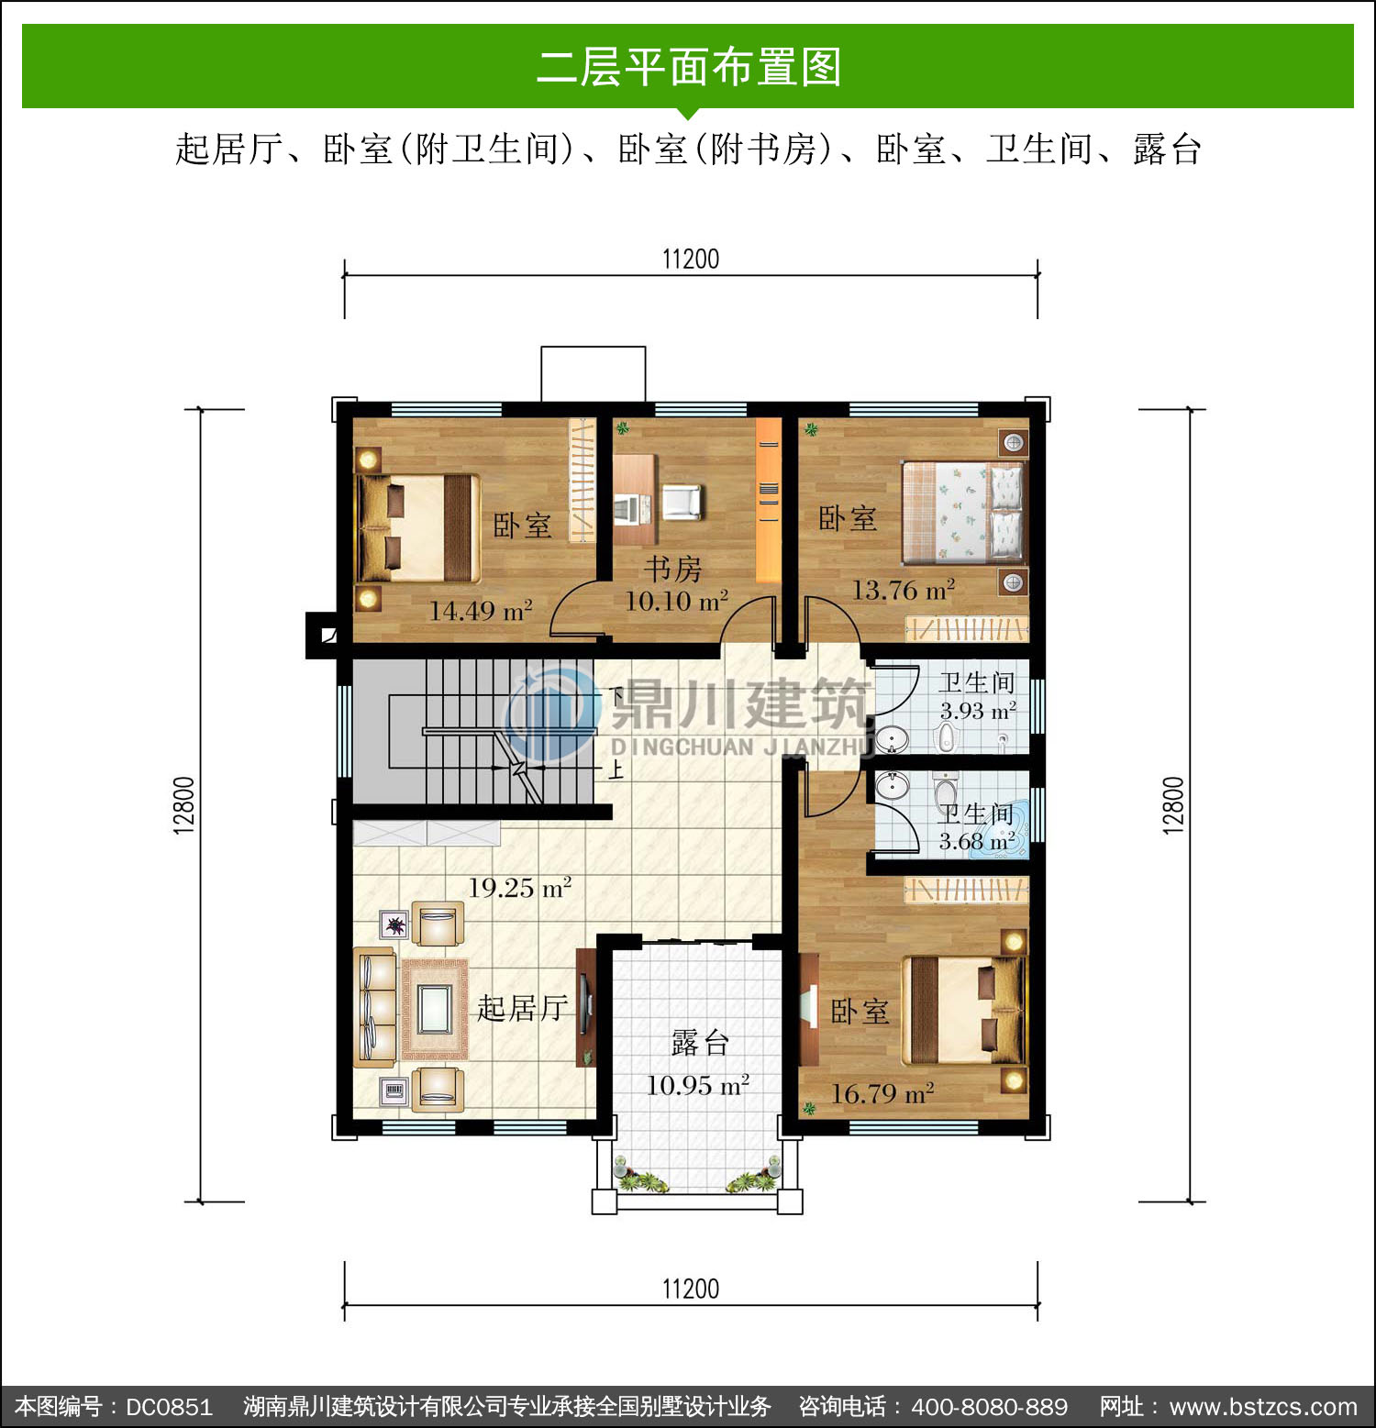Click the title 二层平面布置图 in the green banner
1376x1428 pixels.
click(x=689, y=67)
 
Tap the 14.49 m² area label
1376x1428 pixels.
click(x=481, y=610)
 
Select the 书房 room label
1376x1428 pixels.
click(x=672, y=569)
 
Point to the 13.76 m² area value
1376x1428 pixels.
click(x=904, y=590)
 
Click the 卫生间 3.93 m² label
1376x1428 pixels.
click(x=978, y=696)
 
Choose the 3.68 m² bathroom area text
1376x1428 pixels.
click(x=977, y=841)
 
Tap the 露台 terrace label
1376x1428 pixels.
click(x=700, y=1043)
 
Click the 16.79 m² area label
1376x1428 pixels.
click(x=882, y=1093)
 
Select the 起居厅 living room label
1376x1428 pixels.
click(x=522, y=1008)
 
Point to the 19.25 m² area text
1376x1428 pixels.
click(x=520, y=887)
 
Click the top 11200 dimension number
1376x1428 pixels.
click(x=691, y=259)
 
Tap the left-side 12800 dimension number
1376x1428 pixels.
click(x=184, y=805)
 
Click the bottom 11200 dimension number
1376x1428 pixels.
click(x=691, y=1289)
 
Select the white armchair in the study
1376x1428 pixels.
click(x=681, y=502)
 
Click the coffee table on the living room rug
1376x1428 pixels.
click(x=434, y=1009)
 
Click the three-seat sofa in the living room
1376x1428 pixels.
click(x=375, y=1008)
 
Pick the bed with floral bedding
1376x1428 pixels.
click(x=962, y=512)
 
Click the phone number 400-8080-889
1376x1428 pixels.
click(x=989, y=1407)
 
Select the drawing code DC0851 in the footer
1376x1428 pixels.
click(x=169, y=1407)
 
